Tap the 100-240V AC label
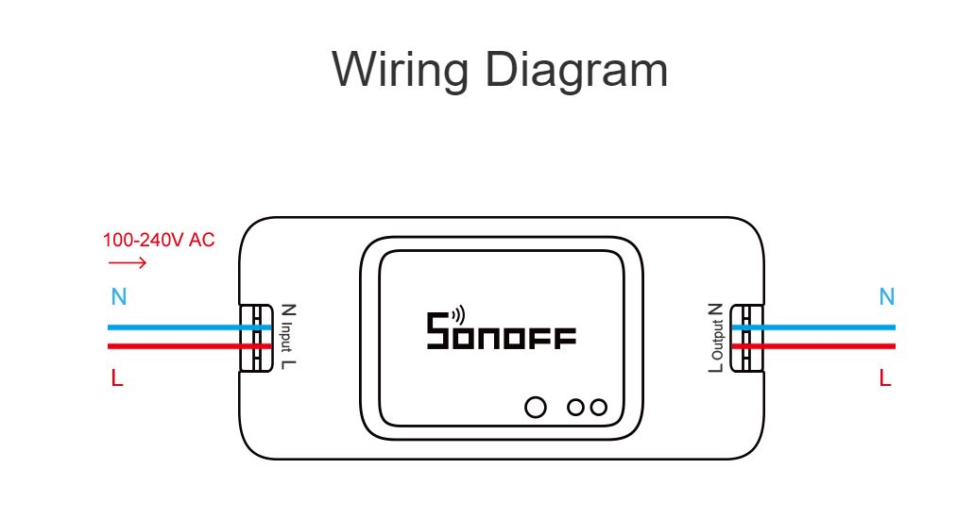[159, 240]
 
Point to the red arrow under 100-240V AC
[128, 262]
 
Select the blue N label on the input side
[118, 296]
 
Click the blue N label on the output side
[886, 296]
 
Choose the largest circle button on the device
[536, 408]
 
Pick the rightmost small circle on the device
[598, 408]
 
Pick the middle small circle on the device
[575, 408]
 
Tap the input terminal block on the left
[253, 338]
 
